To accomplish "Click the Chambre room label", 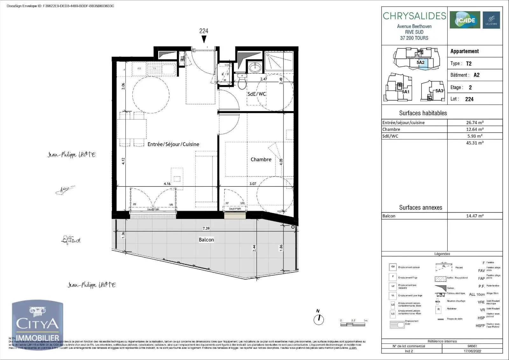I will [261, 159].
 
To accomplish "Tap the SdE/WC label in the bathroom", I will [257, 94].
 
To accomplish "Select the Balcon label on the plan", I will [206, 240].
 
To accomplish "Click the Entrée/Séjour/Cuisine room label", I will [173, 144].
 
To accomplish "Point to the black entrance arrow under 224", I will [204, 39].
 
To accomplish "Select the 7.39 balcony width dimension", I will [206, 228].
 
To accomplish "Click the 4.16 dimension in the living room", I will [167, 184].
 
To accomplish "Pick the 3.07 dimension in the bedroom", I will [253, 184].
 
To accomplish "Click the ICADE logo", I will [465, 20].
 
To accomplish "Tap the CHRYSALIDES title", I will [414, 16].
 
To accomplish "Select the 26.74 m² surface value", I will [475, 123].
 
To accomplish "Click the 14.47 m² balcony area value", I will [475, 216].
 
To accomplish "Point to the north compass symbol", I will [318, 319].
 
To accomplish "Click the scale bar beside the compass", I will [354, 324].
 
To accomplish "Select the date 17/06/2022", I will [472, 351].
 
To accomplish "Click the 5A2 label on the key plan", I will [420, 63].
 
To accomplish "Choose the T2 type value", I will [469, 64].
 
